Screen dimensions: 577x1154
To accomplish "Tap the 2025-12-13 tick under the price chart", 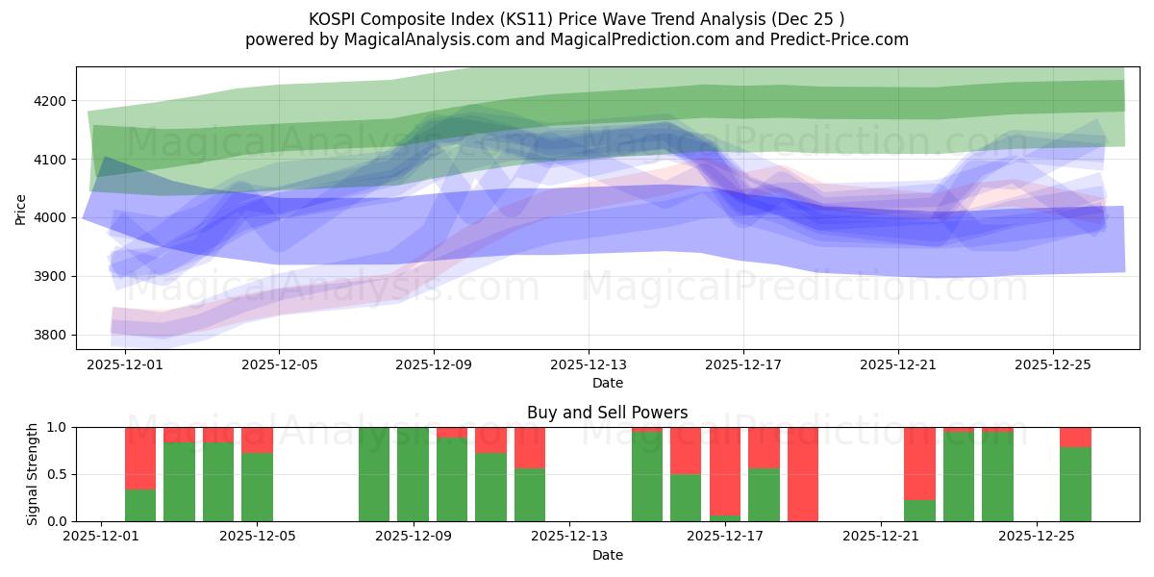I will click(589, 365).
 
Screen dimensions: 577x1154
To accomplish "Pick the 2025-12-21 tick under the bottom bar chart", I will click(881, 538).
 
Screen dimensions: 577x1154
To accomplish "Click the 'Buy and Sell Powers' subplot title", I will click(607, 413).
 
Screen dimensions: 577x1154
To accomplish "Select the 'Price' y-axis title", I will click(21, 209).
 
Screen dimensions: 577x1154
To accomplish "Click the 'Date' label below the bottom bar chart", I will click(607, 555).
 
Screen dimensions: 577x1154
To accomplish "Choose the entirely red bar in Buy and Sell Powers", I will click(803, 474).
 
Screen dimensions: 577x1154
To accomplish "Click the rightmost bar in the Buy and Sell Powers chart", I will click(1075, 474).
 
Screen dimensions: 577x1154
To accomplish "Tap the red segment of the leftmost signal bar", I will click(140, 458).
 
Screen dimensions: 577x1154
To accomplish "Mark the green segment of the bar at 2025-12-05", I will click(257, 487).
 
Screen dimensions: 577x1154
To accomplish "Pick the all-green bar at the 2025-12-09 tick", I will click(413, 474).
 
